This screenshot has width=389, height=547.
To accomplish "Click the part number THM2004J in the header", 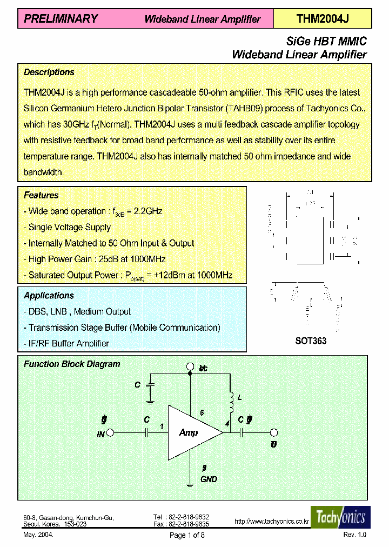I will (323, 19).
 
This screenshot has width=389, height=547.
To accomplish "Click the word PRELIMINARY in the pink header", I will (61, 19).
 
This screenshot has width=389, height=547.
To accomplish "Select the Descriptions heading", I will (49, 72).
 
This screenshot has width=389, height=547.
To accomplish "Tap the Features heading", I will (41, 195).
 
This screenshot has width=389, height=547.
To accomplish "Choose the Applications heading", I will (49, 296).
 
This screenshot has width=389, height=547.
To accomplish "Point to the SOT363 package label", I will (311, 341).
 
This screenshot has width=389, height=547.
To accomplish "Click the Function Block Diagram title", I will (72, 364).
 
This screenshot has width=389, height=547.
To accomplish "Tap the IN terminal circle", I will (110, 432).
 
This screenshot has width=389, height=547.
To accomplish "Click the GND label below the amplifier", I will (209, 479).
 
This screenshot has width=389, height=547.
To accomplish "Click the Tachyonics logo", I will (340, 517).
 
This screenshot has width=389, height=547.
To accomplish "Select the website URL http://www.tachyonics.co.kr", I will (271, 522).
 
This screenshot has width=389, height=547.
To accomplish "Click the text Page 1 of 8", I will (187, 535).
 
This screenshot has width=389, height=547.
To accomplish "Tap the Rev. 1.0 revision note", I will (354, 535).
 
